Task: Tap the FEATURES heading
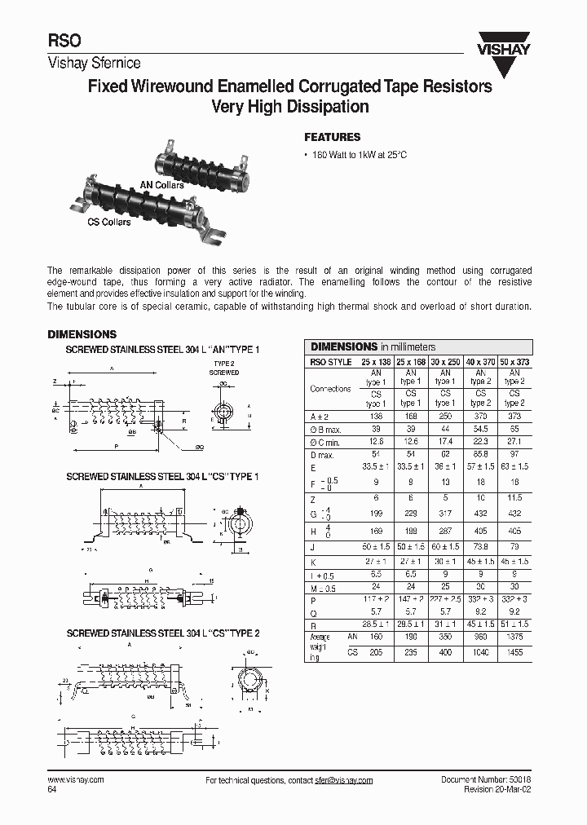click(x=332, y=137)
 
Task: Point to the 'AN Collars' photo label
click(x=162, y=185)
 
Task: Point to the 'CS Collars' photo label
click(x=109, y=222)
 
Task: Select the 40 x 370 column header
click(x=479, y=360)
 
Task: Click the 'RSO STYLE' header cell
click(x=331, y=360)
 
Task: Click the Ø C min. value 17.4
click(x=445, y=441)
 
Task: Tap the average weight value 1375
click(x=514, y=636)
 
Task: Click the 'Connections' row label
click(x=331, y=389)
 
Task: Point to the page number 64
click(x=52, y=789)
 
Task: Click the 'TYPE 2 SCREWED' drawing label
click(x=223, y=368)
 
